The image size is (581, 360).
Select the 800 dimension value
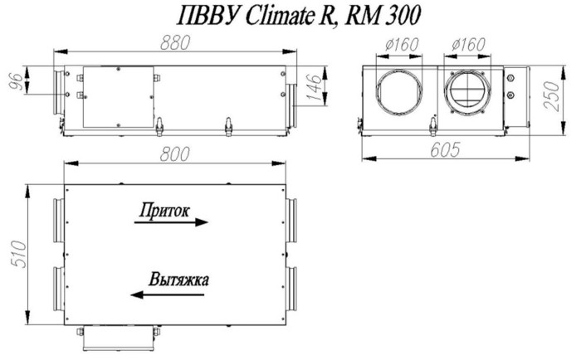click(x=175, y=153)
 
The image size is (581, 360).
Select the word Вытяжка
click(x=177, y=280)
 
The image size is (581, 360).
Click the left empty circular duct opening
click(x=400, y=94)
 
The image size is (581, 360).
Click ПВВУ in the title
click(x=209, y=17)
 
